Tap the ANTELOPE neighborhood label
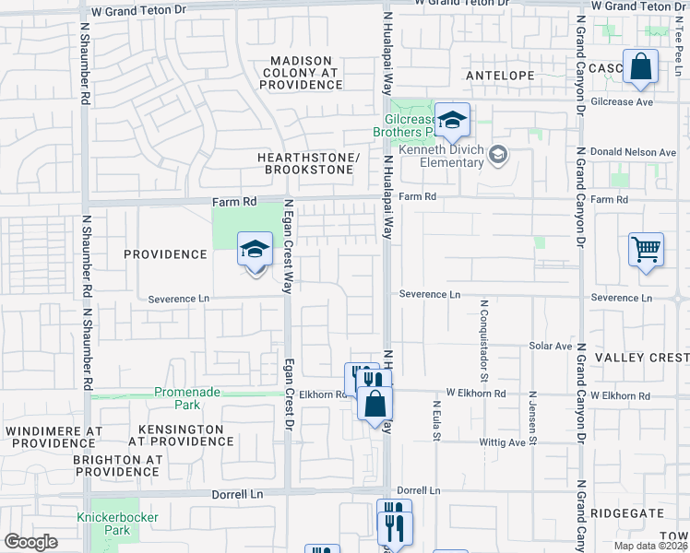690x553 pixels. pyautogui.click(x=500, y=75)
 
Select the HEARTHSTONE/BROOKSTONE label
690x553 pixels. pyautogui.click(x=307, y=163)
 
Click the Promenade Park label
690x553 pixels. pyautogui.click(x=187, y=398)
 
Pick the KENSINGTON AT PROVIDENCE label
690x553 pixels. pyautogui.click(x=180, y=436)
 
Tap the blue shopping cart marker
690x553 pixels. pyautogui.click(x=646, y=249)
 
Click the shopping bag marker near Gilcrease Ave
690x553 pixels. pyautogui.click(x=639, y=67)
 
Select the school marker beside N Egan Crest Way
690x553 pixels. pyautogui.click(x=256, y=250)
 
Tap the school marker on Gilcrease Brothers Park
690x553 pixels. pyautogui.click(x=452, y=121)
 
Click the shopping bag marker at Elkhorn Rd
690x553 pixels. pyautogui.click(x=375, y=404)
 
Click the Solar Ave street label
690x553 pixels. pyautogui.click(x=551, y=346)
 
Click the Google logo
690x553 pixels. pyautogui.click(x=30, y=542)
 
